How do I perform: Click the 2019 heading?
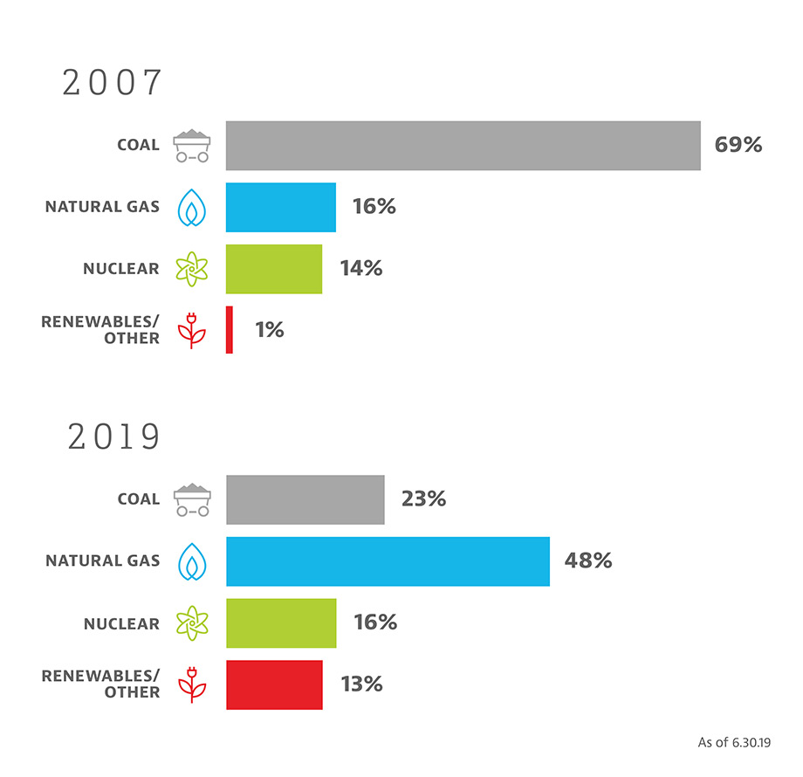pos(114,437)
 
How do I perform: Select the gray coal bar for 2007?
pos(463,145)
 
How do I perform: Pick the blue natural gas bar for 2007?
pos(280,207)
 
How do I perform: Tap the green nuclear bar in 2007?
pos(273,268)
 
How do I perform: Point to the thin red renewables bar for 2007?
pos(230,329)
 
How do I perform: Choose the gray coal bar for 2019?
pos(305,499)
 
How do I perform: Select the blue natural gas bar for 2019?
pos(388,560)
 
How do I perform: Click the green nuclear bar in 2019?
pos(280,622)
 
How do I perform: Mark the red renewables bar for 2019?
pos(273,684)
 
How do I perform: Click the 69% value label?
pos(738,145)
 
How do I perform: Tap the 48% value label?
pos(588,560)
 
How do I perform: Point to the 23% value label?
pos(423,499)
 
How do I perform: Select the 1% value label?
pos(269,330)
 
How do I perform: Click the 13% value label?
pos(361,684)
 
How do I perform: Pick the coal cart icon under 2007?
pos(191,146)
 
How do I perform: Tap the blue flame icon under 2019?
pos(190,560)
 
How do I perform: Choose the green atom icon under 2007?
pos(190,269)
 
